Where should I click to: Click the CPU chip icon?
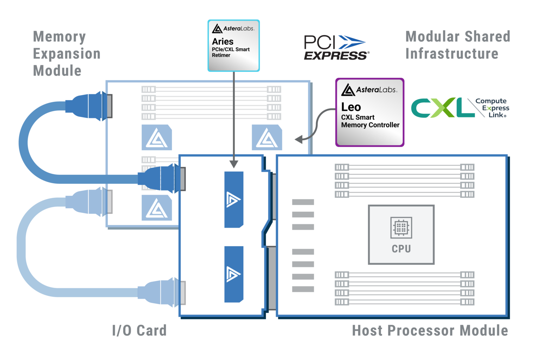401,228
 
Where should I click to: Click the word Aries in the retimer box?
223,41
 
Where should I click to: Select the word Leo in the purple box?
351,107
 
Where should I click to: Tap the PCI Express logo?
336,48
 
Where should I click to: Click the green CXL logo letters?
443,108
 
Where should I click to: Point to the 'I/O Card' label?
139,330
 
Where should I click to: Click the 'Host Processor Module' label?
430,330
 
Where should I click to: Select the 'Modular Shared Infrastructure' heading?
457,45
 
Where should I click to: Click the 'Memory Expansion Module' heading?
66,53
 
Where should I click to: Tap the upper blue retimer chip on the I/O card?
234,199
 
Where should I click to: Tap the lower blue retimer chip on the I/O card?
234,274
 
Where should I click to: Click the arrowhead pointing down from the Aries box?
234,164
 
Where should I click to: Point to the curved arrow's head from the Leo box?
299,139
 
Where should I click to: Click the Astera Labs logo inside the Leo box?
369,90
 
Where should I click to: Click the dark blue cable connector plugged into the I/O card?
162,179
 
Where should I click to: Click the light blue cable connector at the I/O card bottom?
162,292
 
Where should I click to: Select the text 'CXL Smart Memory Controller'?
370,121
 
